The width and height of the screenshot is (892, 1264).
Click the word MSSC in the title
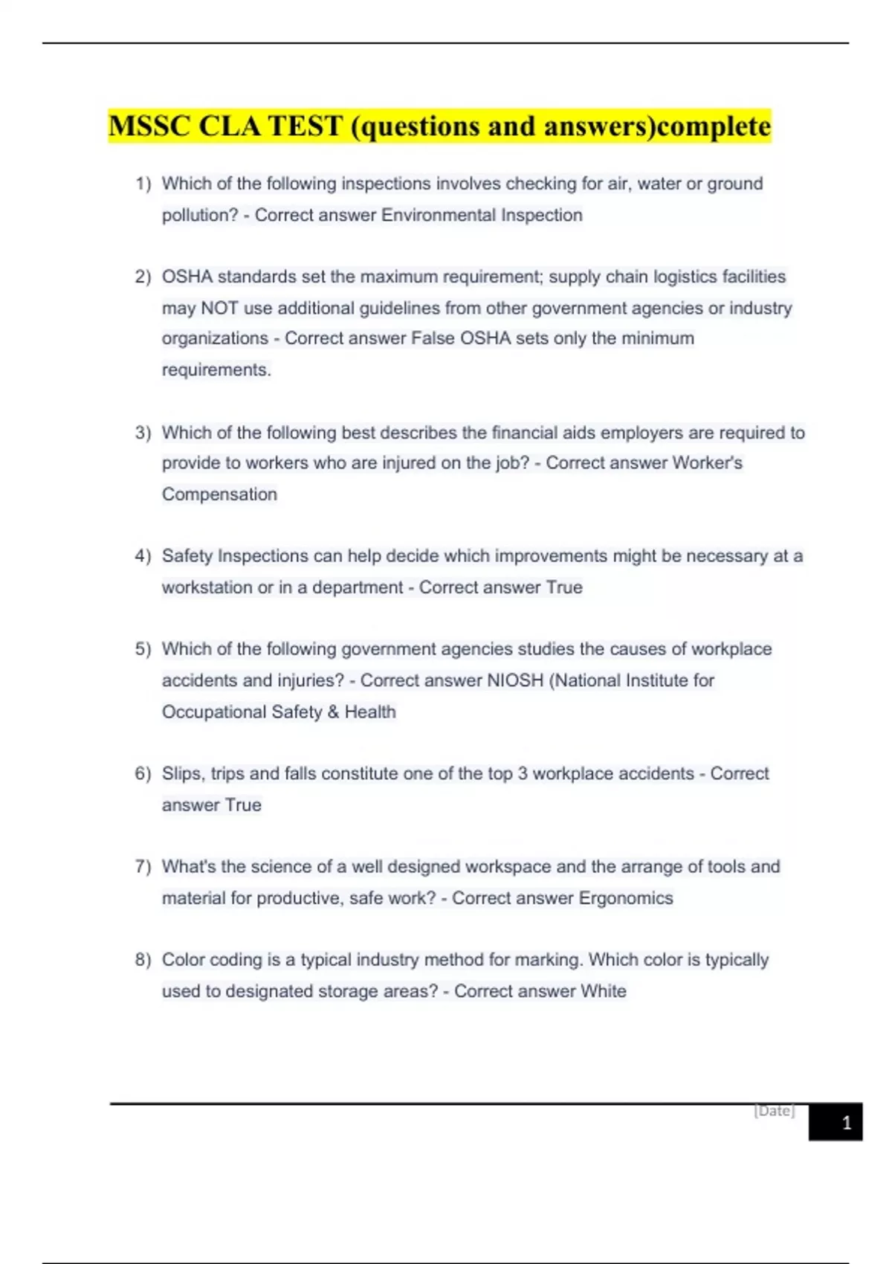point(149,126)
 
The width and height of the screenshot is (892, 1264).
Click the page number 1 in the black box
point(846,1123)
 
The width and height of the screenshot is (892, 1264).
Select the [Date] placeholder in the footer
point(774,1111)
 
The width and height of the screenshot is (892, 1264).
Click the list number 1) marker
point(143,184)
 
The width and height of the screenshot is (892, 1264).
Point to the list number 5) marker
point(143,649)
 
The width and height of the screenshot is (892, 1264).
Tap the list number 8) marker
point(143,960)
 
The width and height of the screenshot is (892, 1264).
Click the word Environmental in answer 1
point(438,216)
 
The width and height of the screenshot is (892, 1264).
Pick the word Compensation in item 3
point(219,494)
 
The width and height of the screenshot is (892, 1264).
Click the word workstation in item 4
point(207,587)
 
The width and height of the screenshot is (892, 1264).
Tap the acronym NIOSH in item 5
point(515,680)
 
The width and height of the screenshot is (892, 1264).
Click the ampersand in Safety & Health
point(333,712)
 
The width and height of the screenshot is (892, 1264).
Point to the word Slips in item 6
point(181,774)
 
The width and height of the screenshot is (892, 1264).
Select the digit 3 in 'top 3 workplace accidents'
point(523,774)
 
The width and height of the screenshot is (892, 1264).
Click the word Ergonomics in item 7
point(626,898)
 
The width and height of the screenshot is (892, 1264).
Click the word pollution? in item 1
point(200,216)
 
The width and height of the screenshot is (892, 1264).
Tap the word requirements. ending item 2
point(216,370)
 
